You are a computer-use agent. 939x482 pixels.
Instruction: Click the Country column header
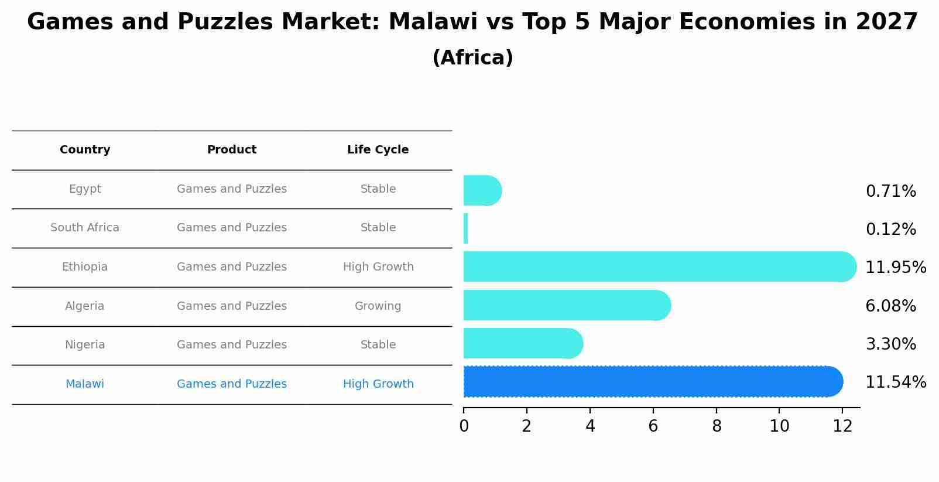[x=85, y=150]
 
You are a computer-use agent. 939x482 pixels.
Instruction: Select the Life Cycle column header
[x=378, y=150]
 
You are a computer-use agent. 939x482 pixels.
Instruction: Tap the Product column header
[x=232, y=150]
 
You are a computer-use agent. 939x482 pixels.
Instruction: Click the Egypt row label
[x=85, y=189]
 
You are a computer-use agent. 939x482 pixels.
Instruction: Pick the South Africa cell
[x=85, y=228]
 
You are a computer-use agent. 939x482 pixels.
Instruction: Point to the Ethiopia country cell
[x=85, y=267]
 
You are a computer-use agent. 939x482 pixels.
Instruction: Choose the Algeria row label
[x=85, y=306]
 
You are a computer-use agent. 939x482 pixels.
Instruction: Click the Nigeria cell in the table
[x=85, y=345]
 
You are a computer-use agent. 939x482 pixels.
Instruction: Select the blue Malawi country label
[x=85, y=384]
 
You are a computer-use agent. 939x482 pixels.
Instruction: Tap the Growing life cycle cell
[x=378, y=306]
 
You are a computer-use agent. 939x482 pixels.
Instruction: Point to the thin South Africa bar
[x=466, y=228]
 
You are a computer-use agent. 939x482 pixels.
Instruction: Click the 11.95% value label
[x=896, y=268]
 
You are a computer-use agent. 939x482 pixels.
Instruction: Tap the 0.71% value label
[x=890, y=192]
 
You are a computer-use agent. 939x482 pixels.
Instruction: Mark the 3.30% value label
[x=890, y=344]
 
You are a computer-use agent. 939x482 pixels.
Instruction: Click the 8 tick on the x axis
[x=717, y=426]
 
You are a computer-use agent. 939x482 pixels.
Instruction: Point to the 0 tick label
[x=464, y=426]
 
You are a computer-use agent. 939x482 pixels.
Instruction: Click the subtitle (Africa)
[x=472, y=58]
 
